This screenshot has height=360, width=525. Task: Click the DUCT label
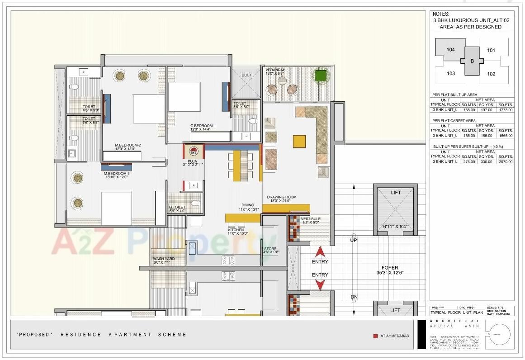246,76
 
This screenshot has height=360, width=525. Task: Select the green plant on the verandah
321,76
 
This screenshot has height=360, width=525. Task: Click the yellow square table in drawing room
299,142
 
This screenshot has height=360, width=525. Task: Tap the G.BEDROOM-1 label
203,126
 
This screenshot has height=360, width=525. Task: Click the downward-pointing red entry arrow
320,285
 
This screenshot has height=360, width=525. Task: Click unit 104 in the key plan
450,50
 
